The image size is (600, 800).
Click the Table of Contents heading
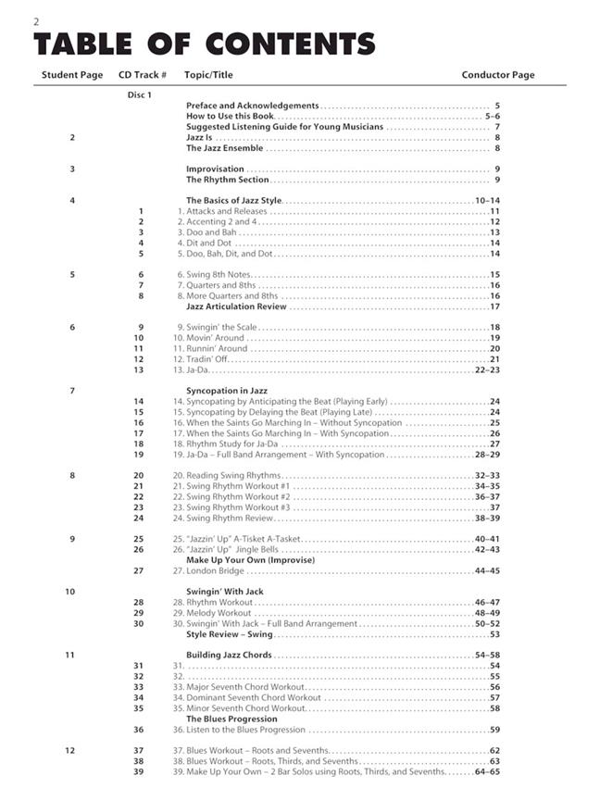[x=204, y=44]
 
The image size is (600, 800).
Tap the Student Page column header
[x=72, y=75]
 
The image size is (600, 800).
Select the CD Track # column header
[x=143, y=75]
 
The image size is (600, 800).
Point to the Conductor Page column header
[x=498, y=75]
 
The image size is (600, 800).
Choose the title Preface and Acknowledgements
[x=252, y=106]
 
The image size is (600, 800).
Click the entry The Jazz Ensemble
[x=224, y=148]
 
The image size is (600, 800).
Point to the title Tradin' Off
[x=213, y=359]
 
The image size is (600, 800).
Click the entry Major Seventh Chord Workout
[x=244, y=687]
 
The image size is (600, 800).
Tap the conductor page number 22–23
[x=487, y=369]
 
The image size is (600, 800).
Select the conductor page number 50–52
[x=487, y=623]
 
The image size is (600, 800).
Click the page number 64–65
[x=487, y=771]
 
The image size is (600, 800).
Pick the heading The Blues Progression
[x=231, y=719]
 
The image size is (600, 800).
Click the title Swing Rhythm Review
[x=230, y=518]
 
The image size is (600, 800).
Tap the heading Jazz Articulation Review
[x=236, y=306]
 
